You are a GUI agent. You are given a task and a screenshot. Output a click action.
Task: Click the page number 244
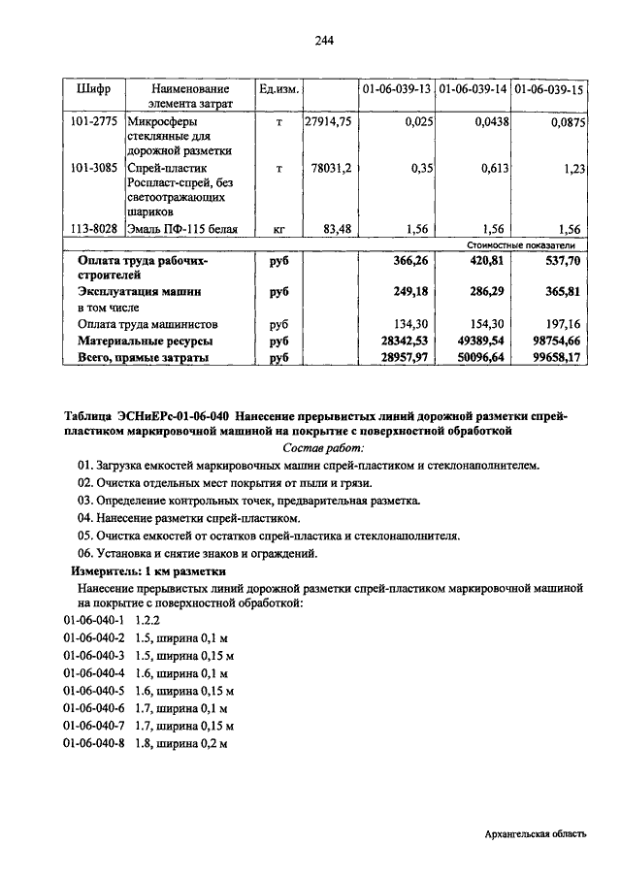click(324, 40)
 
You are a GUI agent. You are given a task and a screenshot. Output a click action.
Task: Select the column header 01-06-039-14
click(474, 88)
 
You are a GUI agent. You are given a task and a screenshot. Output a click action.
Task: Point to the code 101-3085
click(93, 168)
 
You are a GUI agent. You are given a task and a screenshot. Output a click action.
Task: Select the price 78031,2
click(333, 168)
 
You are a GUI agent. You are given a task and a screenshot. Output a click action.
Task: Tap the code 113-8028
click(93, 229)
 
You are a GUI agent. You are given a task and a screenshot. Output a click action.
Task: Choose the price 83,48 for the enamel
click(337, 229)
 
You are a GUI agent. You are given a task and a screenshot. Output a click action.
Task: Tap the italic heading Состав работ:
click(324, 447)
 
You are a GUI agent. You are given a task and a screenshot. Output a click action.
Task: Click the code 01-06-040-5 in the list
click(94, 690)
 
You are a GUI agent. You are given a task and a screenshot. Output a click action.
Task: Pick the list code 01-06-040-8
click(94, 742)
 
